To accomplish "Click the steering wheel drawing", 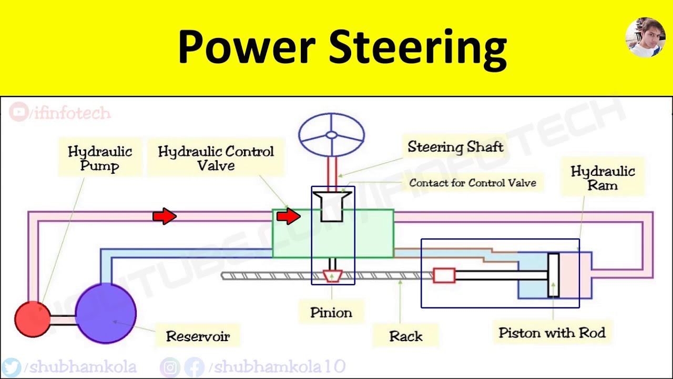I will tap(331, 135).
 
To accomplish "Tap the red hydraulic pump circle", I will tap(32, 319).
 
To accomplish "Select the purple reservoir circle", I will tap(106, 313).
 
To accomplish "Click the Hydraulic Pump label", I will tap(99, 158).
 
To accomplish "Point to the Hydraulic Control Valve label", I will tap(216, 158).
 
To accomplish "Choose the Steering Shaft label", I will tap(455, 147).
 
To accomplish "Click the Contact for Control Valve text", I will tap(472, 183).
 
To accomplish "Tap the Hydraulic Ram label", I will tap(603, 178).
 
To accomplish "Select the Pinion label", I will tap(331, 313).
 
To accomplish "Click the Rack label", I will tap(405, 336).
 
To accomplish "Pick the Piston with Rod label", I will tap(552, 333).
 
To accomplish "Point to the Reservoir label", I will tap(198, 336).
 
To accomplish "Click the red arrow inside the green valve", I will tap(288, 216).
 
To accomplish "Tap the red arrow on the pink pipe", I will tap(164, 216).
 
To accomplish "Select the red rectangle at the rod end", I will tap(444, 275).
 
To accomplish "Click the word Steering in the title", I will tap(417, 47).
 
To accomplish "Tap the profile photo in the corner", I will tap(645, 37).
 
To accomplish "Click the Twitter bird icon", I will tap(11, 367).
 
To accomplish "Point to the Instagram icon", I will tap(169, 367).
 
